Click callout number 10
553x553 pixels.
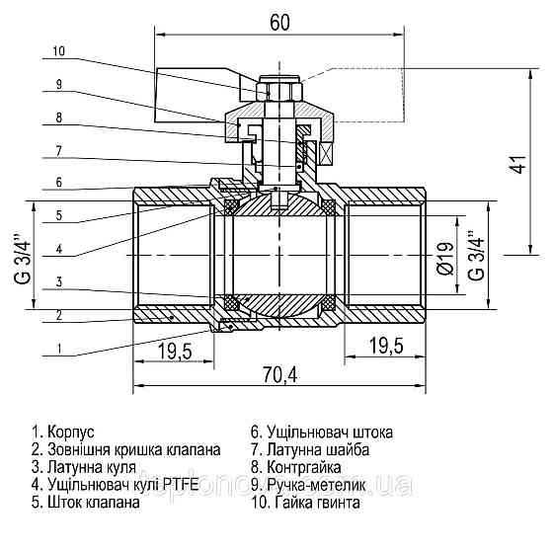pyautogui.click(x=58, y=50)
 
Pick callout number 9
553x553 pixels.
pyautogui.click(x=58, y=85)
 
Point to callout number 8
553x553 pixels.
pyautogui.click(x=58, y=118)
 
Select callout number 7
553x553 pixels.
pyautogui.click(x=58, y=150)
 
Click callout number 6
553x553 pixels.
pyautogui.click(x=58, y=183)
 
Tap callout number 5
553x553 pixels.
pyautogui.click(x=58, y=215)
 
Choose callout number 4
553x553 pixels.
pyautogui.click(x=58, y=248)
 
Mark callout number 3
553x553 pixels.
pyautogui.click(x=58, y=281)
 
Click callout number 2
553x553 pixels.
pyautogui.click(x=58, y=315)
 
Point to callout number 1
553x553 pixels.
pyautogui.click(x=58, y=349)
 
